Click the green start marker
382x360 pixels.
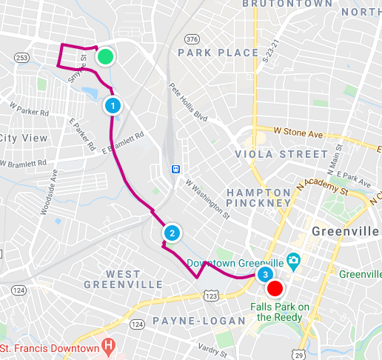click(x=106, y=56)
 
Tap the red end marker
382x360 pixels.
click(x=275, y=288)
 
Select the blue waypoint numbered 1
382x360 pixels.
click(x=112, y=105)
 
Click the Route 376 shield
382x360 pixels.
click(x=191, y=39)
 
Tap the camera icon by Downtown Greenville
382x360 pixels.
click(x=294, y=261)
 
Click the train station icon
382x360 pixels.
click(x=176, y=168)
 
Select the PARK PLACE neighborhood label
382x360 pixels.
click(x=218, y=53)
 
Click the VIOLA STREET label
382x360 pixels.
click(x=280, y=154)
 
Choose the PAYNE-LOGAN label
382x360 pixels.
click(x=198, y=321)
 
